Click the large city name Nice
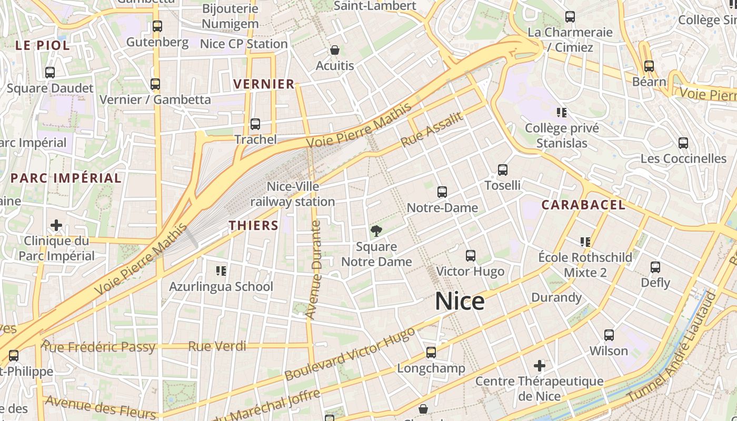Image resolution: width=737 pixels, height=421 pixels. click(460, 301)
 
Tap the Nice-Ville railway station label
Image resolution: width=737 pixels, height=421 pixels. click(293, 194)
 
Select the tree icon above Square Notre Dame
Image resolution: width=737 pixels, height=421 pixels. click(376, 230)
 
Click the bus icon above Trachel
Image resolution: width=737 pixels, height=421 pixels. click(255, 124)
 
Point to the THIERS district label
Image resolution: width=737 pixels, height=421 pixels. click(254, 225)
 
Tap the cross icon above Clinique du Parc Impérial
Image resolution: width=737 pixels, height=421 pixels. click(56, 226)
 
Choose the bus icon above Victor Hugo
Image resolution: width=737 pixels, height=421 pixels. click(471, 256)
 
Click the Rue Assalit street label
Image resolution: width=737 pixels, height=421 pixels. click(432, 129)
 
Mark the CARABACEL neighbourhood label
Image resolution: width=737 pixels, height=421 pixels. click(583, 205)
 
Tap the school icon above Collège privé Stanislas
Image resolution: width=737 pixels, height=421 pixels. click(561, 112)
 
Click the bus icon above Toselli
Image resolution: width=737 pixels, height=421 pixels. click(503, 170)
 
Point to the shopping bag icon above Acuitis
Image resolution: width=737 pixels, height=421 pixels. click(334, 51)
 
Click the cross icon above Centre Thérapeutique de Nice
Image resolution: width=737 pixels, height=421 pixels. click(540, 365)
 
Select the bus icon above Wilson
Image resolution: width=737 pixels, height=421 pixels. click(609, 335)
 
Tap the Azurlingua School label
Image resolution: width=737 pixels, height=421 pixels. click(221, 286)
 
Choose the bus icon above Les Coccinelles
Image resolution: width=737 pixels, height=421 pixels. click(683, 143)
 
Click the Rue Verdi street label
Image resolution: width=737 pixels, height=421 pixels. click(217, 346)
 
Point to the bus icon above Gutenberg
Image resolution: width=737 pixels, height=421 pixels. click(157, 26)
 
